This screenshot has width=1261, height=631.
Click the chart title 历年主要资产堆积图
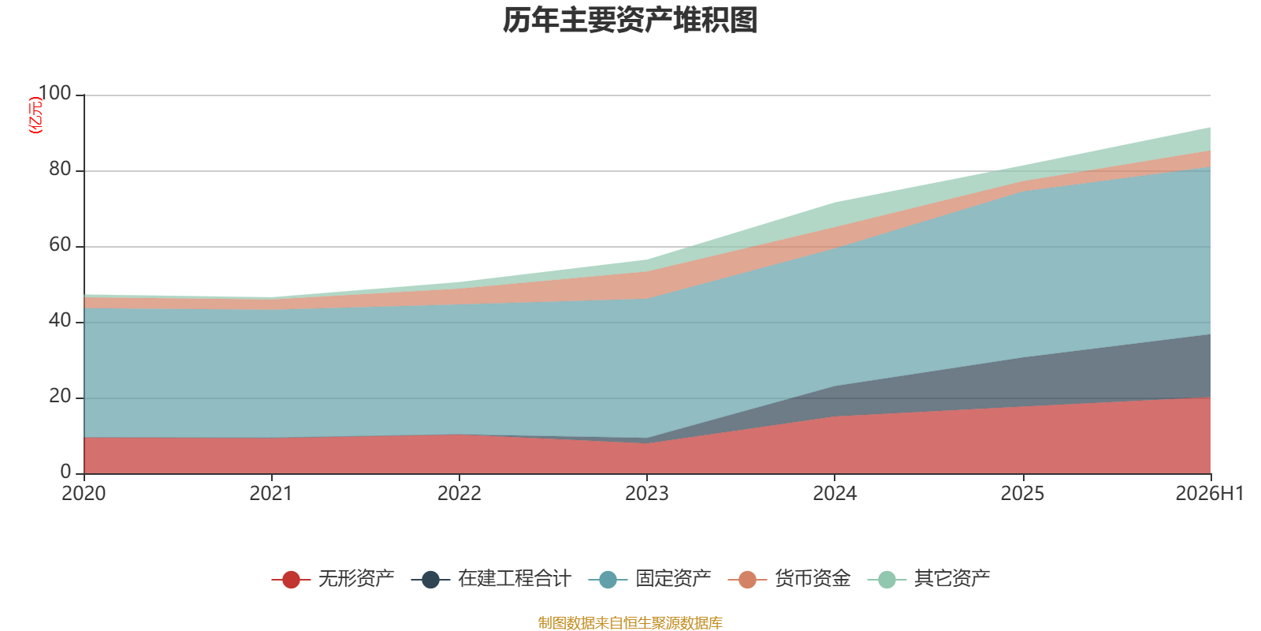click(x=630, y=21)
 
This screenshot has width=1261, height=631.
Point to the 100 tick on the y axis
click(x=55, y=93)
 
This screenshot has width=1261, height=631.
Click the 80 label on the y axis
click(x=60, y=169)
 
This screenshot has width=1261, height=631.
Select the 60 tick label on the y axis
click(x=60, y=245)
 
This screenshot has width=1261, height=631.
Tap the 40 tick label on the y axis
click(x=60, y=320)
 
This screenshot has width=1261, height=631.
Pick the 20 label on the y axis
click(x=60, y=397)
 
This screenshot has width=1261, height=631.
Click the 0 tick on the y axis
click(x=66, y=472)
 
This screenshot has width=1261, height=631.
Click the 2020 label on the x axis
click(x=84, y=494)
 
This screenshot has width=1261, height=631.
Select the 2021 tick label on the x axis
click(x=271, y=494)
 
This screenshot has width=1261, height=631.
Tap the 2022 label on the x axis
click(x=459, y=494)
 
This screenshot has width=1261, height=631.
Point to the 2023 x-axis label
click(x=647, y=494)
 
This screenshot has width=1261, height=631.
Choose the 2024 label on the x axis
click(x=835, y=494)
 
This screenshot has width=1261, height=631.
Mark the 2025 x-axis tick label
click(x=1022, y=494)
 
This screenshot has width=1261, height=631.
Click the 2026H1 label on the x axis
click(x=1210, y=494)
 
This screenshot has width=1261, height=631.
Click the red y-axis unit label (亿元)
click(x=35, y=115)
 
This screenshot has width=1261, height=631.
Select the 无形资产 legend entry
click(x=333, y=579)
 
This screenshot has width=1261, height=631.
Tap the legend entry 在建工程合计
click(x=491, y=579)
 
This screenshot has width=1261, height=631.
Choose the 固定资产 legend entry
click(x=649, y=579)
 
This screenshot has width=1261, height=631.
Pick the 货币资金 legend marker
click(x=747, y=579)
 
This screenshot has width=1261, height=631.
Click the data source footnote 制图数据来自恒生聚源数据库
click(x=630, y=622)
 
